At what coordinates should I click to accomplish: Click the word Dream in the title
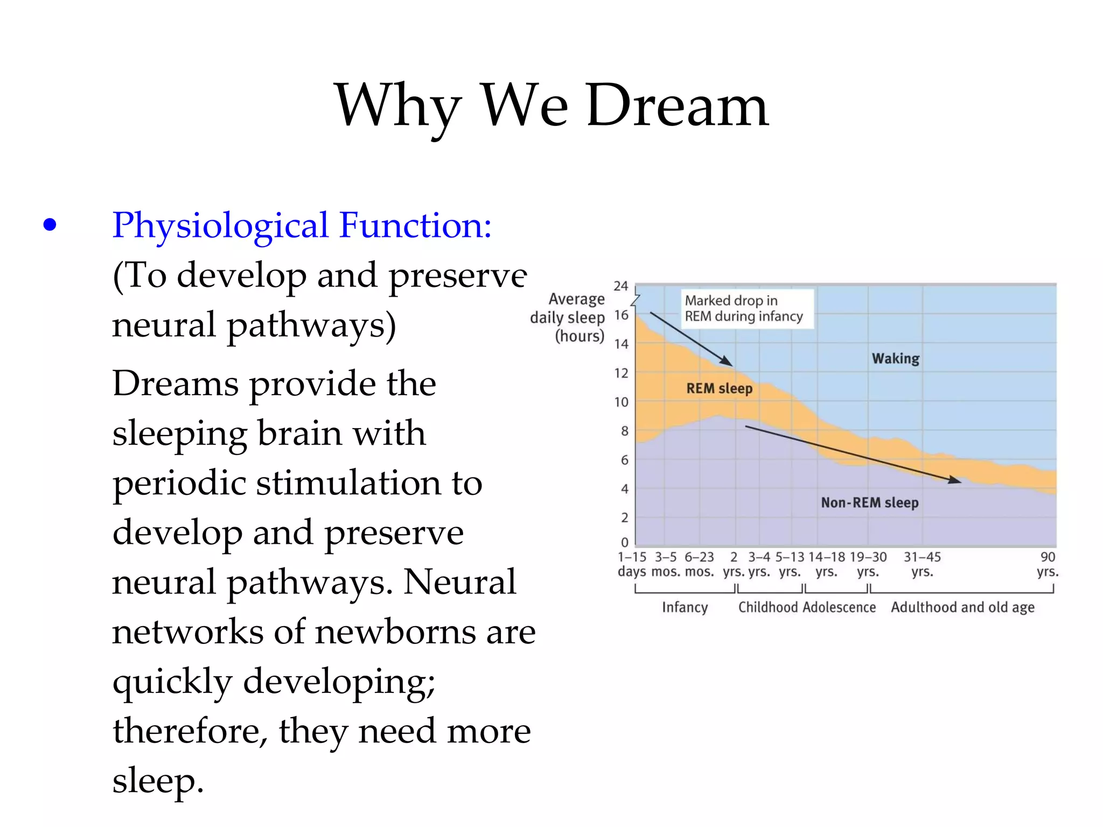coord(677,106)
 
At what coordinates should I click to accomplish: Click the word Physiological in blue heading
coord(220,225)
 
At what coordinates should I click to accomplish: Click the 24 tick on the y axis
coord(621,286)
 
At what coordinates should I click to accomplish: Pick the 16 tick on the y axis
coord(621,315)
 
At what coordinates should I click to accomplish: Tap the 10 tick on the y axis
coord(621,402)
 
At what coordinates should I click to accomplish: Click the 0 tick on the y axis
coord(624,542)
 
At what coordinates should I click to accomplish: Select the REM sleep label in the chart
coord(719,388)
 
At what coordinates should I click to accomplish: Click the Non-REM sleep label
coord(869,502)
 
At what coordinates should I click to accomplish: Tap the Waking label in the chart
coord(896,359)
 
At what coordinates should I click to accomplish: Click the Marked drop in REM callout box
coord(746,309)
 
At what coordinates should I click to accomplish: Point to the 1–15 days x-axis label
coord(632,564)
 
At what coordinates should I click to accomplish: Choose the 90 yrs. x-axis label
coord(1048,564)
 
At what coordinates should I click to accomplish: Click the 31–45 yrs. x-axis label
coord(922,564)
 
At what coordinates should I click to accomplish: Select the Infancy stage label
coord(685,607)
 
